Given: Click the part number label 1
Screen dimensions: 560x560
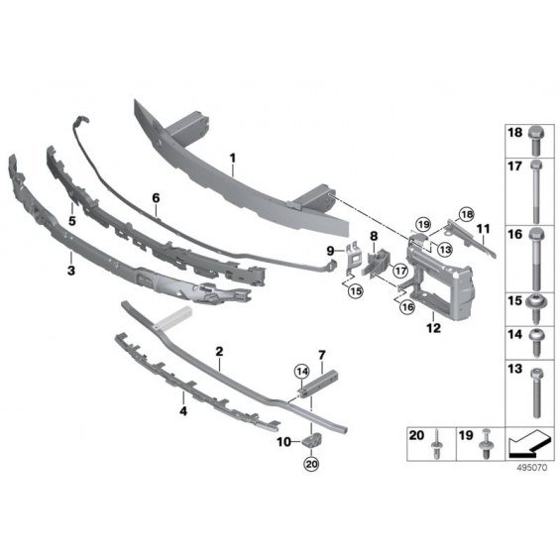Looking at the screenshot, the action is click(233, 158).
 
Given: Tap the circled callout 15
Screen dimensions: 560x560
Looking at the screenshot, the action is click(356, 291).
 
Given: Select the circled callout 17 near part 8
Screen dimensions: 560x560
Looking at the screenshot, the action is click(400, 271).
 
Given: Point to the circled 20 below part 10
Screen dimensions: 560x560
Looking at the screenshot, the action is click(311, 464).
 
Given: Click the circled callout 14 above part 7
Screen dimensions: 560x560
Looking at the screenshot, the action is click(302, 372).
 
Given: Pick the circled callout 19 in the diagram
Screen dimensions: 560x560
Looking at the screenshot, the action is click(423, 224).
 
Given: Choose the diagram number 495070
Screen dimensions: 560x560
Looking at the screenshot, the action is click(532, 468).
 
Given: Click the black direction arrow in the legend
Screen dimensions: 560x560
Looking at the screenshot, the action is click(527, 445).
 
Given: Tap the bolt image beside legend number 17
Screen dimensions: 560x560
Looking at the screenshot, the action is click(535, 191).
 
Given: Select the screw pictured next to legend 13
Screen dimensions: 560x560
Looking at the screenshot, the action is click(535, 393).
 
